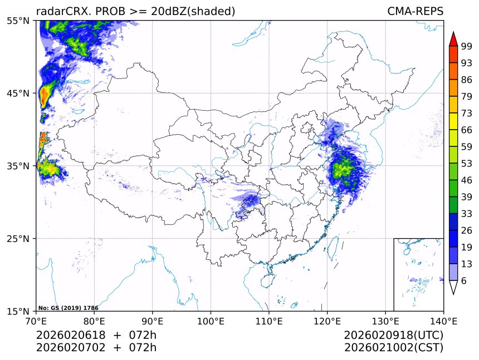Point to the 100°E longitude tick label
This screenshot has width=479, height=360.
pos(211,320)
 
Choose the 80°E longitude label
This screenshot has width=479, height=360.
pos(94,320)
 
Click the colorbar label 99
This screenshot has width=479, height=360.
pos(467,46)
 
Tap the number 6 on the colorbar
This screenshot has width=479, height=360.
pos(464,280)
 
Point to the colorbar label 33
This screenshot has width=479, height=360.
pos(467,214)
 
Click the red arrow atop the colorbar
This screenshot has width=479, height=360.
pos(453,39)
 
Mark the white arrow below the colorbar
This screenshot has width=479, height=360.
pos(453,287)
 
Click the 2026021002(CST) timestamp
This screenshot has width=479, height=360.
pos(393,348)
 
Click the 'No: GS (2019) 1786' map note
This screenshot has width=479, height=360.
pos(68,308)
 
